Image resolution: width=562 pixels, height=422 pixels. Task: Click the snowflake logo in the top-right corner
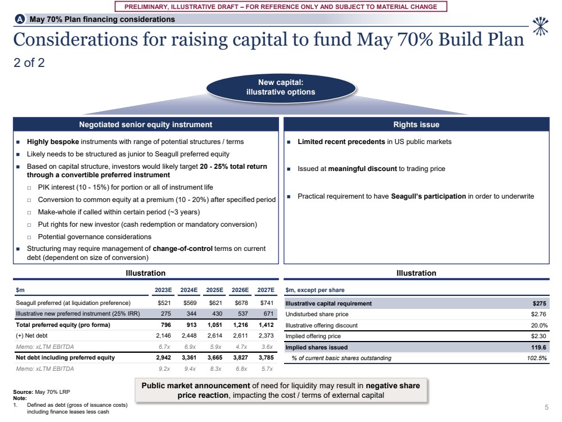(x=540, y=25)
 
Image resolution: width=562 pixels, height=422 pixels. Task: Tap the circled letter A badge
(x=20, y=19)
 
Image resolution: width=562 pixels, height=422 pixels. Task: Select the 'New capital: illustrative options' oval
(x=281, y=87)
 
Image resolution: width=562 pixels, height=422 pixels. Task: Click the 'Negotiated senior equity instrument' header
(x=145, y=124)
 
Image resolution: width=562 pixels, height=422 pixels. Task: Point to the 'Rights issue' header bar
(x=416, y=124)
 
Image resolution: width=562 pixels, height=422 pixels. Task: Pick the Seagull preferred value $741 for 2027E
(x=266, y=303)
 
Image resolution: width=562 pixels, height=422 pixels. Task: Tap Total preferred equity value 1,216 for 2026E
(x=241, y=325)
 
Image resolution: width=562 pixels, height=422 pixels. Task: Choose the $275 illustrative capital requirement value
(x=539, y=303)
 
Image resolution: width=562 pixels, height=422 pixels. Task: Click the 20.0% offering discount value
(x=538, y=325)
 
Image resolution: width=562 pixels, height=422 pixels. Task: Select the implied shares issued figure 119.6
(x=538, y=347)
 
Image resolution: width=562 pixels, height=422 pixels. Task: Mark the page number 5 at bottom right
(x=547, y=407)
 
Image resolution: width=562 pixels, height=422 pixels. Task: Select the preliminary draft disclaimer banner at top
(x=280, y=7)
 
